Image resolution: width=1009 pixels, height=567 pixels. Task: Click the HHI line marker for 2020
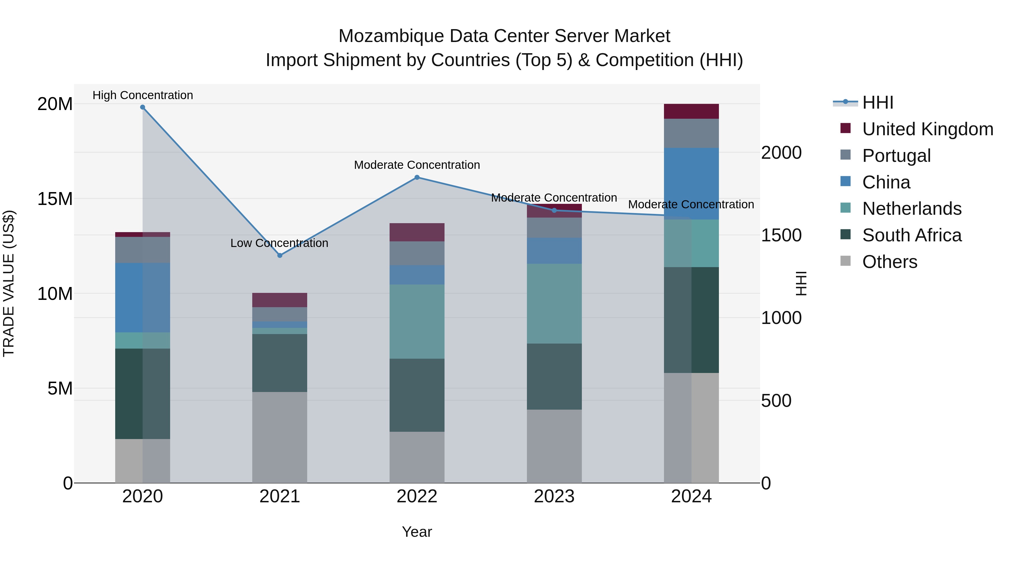143,107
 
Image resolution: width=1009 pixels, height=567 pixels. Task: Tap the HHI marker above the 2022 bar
417,177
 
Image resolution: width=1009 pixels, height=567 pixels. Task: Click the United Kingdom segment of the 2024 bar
691,111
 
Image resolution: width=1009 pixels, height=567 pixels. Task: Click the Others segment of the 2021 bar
280,437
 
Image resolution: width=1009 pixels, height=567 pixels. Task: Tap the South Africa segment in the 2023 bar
554,376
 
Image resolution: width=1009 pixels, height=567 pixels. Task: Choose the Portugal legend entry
896,156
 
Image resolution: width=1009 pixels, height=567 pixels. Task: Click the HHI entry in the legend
877,102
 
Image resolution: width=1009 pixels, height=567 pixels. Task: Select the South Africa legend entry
911,235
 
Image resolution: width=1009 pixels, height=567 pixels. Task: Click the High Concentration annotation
143,95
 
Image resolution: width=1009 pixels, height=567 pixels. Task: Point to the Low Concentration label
279,243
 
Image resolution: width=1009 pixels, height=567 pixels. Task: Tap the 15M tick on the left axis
55,199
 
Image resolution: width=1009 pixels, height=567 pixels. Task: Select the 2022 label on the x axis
417,496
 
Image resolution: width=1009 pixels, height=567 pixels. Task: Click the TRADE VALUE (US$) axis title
9,283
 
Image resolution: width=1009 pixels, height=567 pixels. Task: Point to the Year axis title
417,532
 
